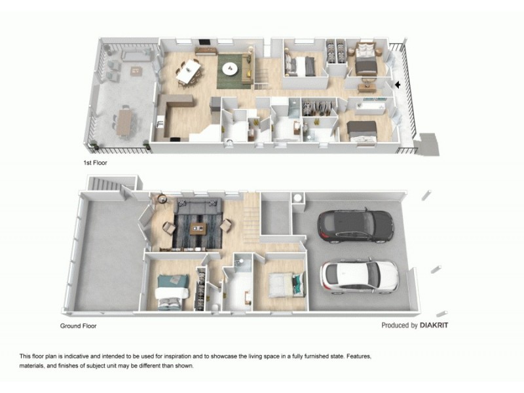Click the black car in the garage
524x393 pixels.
355,226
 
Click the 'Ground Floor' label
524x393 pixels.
79,325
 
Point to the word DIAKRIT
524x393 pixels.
435,325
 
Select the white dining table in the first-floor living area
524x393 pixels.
189,71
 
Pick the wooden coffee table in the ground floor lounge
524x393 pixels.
198,229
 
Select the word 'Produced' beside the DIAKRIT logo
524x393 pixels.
399,325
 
